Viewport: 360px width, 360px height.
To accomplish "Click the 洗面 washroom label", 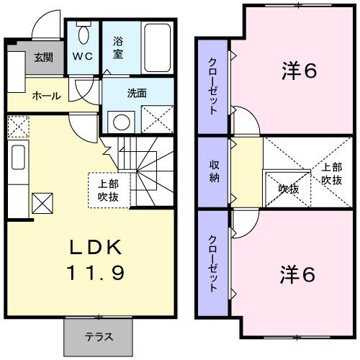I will (138, 93).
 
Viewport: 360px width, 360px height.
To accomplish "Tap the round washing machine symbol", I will (121, 122).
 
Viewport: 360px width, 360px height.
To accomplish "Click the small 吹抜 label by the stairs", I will (289, 189).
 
